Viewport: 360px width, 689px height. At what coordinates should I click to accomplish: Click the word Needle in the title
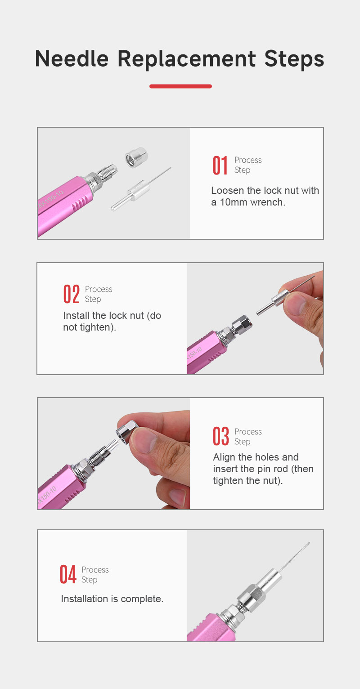coord(72,58)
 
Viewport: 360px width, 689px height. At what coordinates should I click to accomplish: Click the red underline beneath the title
coord(180,86)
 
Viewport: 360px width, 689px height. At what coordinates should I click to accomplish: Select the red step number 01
coord(220,165)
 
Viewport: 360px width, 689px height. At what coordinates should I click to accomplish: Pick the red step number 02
coord(72,294)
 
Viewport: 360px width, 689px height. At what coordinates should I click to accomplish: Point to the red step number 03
coord(221,436)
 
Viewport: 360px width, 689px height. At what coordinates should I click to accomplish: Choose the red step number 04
coord(68,574)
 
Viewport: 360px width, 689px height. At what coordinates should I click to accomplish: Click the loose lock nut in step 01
coord(136,157)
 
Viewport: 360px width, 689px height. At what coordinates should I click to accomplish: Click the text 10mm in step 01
coord(234,202)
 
